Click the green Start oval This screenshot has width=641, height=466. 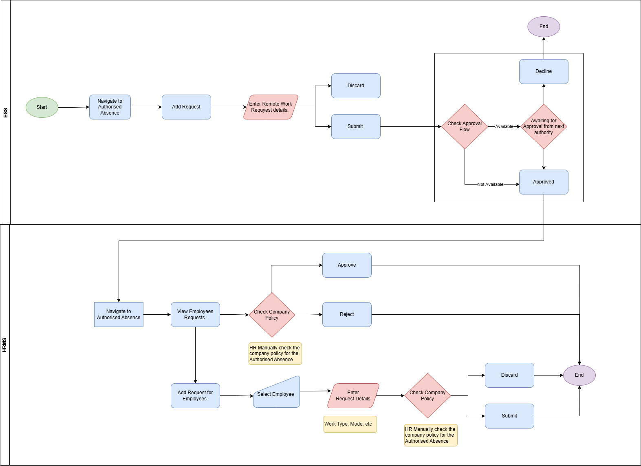coord(42,107)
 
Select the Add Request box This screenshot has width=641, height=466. coord(186,107)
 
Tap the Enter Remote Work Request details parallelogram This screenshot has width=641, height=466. coord(271,107)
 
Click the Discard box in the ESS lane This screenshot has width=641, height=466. coord(356,86)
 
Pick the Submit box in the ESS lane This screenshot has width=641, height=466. coord(356,126)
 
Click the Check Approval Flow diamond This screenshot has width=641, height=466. coord(465,126)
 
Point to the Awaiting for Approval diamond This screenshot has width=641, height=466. coord(544,126)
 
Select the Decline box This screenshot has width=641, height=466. coord(544,72)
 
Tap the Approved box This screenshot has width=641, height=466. coord(544,182)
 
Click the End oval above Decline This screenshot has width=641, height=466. coord(544,27)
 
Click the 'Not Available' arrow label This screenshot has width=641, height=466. coord(490,184)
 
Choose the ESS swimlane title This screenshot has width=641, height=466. coord(5,113)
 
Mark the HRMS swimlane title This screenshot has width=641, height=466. coord(4,345)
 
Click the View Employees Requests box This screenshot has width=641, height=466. coord(195,315)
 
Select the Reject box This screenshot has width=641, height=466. coord(347,315)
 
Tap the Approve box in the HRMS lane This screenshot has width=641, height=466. coord(347,265)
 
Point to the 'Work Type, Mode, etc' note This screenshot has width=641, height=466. coord(350,424)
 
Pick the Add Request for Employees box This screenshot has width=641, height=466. coord(195,396)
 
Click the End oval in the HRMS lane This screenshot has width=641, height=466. coord(579,375)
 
